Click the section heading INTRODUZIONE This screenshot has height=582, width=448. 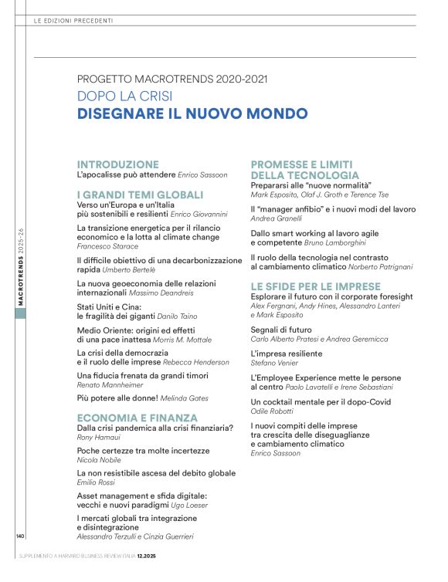coord(118,164)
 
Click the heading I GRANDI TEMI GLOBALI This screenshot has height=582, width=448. coord(140,195)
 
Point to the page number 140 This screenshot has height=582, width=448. coord(20,536)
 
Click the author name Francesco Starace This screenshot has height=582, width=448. coord(106,246)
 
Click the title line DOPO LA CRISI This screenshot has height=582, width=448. coord(124,96)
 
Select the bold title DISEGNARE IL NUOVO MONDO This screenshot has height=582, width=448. coord(192,114)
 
